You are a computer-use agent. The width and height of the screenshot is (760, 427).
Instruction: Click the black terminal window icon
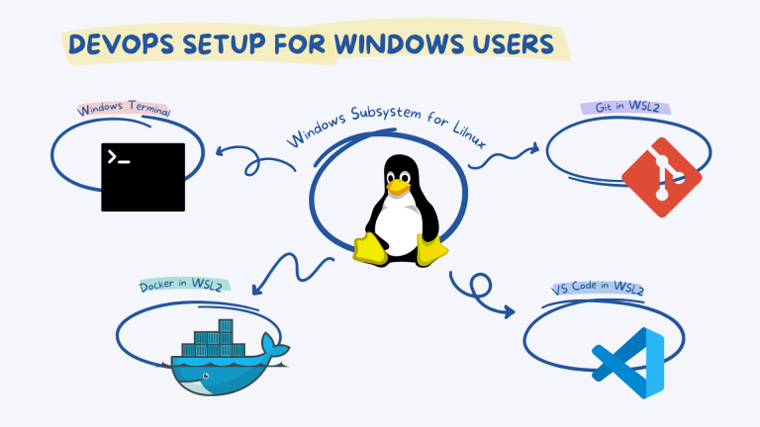[142, 177]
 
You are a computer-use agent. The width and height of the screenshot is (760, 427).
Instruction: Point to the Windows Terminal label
[123, 110]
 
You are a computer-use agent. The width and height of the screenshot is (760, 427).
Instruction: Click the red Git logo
[661, 178]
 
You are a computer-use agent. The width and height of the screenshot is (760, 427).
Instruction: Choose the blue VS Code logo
[627, 362]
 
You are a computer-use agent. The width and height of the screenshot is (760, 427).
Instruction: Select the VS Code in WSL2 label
[598, 290]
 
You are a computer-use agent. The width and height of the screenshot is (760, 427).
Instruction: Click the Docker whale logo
[227, 362]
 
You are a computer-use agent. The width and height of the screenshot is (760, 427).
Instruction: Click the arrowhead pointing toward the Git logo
[534, 148]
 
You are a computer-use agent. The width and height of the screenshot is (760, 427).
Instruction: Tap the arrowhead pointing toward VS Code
[509, 312]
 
